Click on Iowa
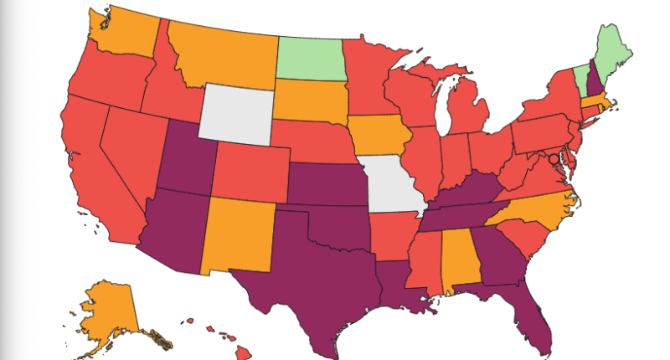(379, 136)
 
